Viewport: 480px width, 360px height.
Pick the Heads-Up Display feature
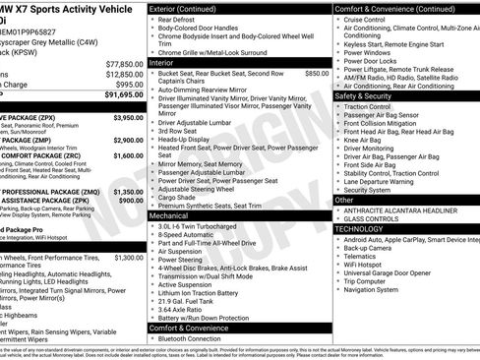point(193,140)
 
